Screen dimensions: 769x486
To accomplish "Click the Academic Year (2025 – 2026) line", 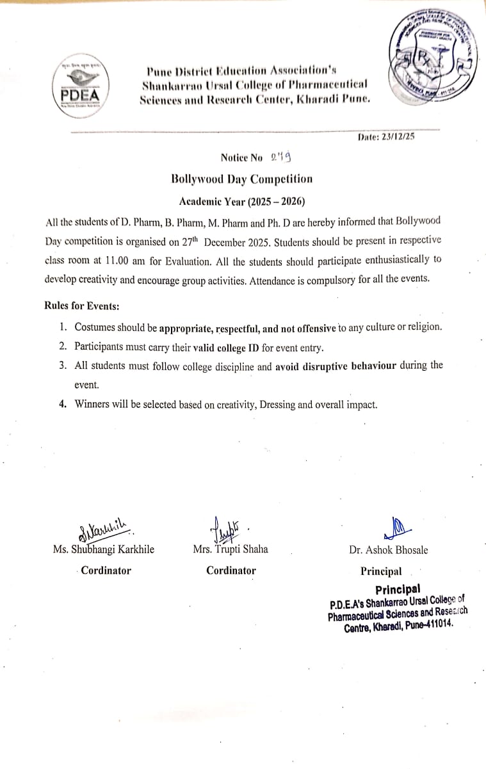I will pos(242,201).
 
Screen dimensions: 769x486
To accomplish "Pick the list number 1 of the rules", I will pos(63,327).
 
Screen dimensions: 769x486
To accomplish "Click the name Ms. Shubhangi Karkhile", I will pos(104,549).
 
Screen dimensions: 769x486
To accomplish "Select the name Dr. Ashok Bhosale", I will pos(389,550).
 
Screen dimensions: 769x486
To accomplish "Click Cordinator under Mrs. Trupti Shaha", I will pos(231,571).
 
